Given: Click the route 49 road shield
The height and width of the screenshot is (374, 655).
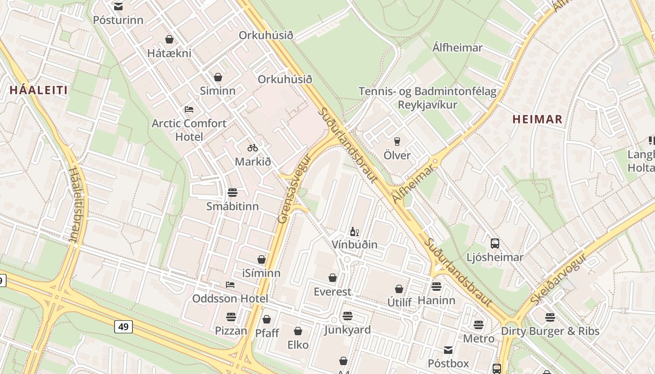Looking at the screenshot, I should coord(123,326).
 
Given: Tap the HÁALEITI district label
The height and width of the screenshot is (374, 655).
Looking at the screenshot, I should coord(39,90).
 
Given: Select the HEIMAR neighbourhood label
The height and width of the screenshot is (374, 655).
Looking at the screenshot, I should coord(537,119).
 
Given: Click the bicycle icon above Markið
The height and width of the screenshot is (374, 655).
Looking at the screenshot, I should coord(253,148).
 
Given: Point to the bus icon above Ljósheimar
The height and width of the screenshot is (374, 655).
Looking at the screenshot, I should coord(495,243).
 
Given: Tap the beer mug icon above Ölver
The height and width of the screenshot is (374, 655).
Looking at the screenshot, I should coord(397,141).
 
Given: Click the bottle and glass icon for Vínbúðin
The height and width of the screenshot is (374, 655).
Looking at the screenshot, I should coord(355,231).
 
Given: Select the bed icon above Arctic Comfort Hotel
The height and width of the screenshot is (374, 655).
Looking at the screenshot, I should coord(189,109).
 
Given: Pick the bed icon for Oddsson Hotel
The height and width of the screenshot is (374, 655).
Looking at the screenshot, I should coord(230,284).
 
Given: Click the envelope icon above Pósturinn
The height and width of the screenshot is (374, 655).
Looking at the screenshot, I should coord(118,7).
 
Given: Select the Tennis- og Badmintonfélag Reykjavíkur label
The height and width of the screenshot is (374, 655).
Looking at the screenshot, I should coord(427,98).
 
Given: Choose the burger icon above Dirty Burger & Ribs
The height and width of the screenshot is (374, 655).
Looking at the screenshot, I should coord(550,317).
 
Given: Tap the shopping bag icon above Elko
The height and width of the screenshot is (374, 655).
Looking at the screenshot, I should coord(298,331).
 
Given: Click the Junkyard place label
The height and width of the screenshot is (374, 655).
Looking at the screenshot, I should coord(348,330).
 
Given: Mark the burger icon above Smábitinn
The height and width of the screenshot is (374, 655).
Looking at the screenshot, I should coord(232,192).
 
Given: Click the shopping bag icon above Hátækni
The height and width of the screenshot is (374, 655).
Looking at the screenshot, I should coord(169,39).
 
